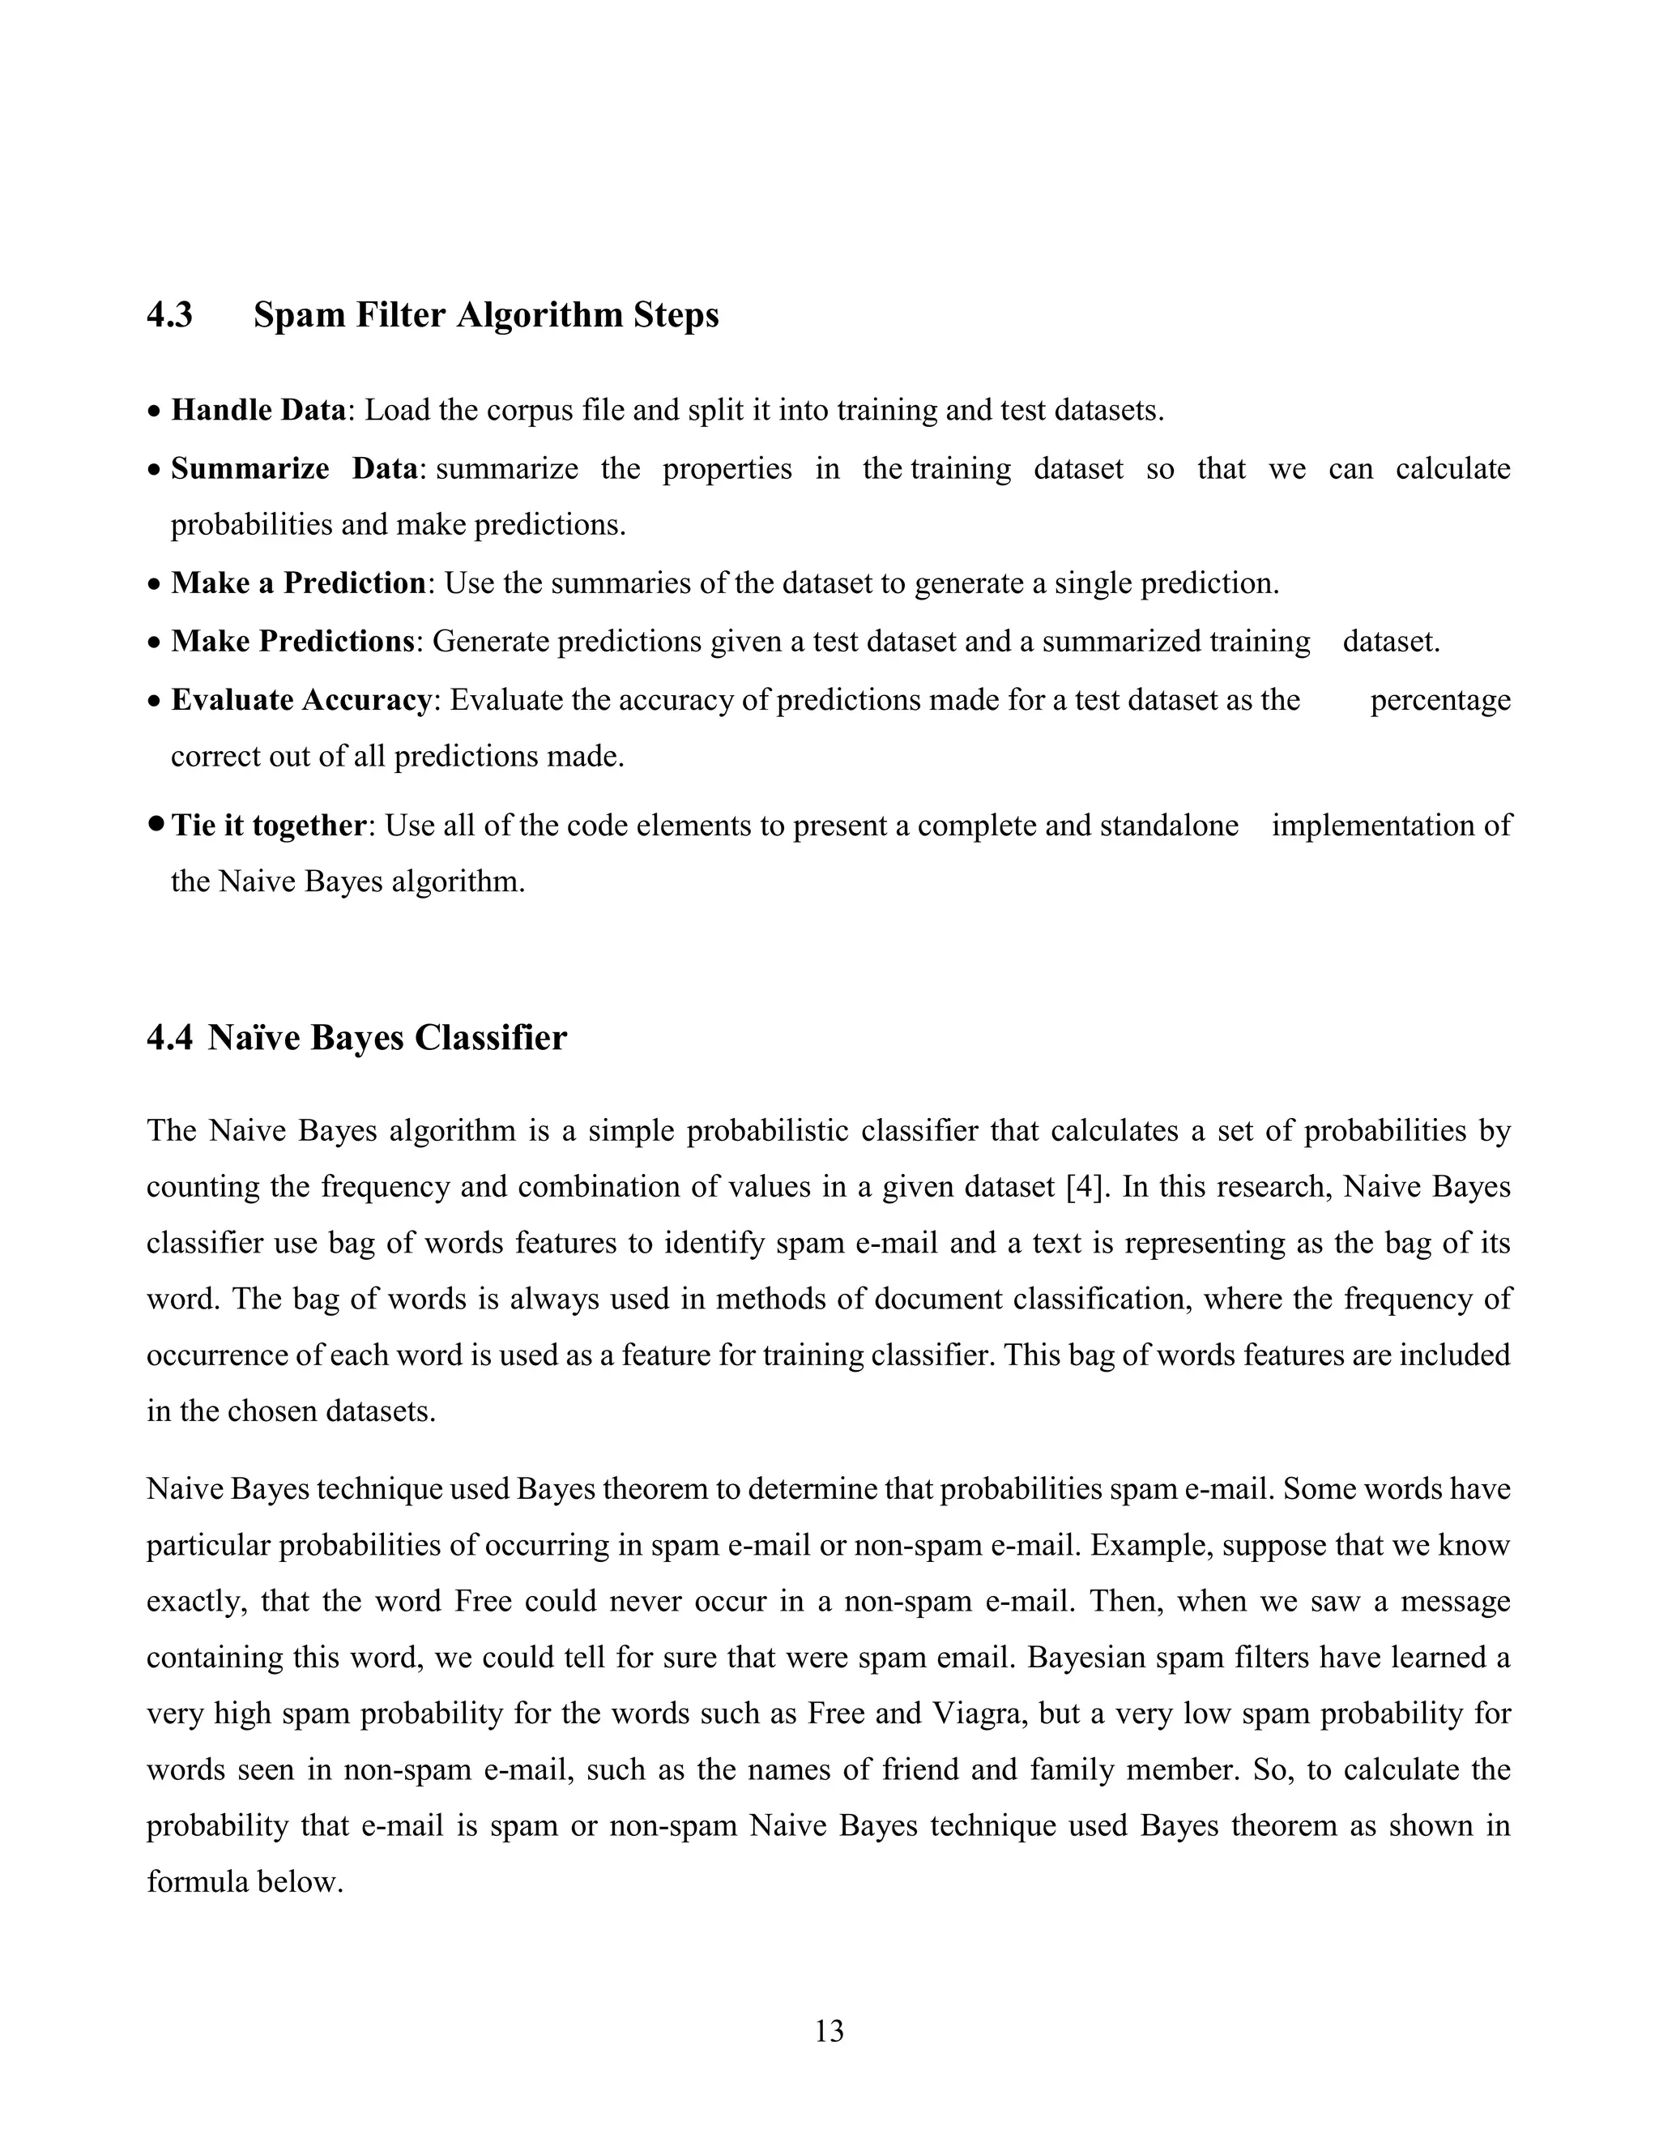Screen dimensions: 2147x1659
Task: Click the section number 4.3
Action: [170, 314]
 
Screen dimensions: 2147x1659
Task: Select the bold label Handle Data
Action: [258, 410]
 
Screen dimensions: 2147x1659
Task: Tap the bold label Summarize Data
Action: [295, 468]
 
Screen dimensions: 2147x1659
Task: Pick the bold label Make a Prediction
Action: [298, 583]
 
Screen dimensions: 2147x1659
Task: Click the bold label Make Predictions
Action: [292, 641]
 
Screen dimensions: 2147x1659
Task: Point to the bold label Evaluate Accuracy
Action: [301, 700]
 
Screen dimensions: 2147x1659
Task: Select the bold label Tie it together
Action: [268, 825]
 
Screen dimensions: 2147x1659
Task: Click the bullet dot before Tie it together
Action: [156, 824]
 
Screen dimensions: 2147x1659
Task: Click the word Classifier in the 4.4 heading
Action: [489, 1038]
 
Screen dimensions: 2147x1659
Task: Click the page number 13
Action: [829, 2031]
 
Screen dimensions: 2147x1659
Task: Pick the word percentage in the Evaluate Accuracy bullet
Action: [1439, 700]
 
